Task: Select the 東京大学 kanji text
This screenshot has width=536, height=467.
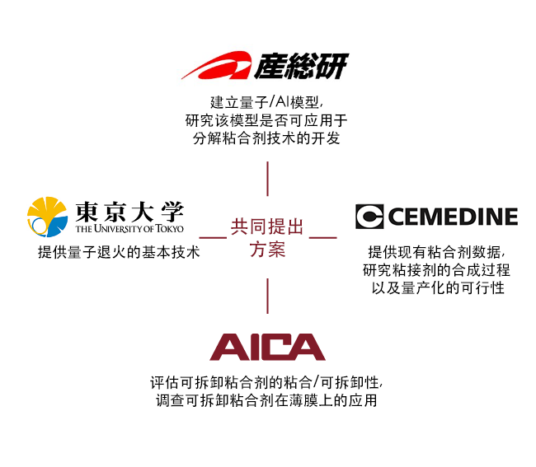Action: pos(129,211)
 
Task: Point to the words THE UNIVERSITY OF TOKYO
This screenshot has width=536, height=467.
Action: pos(129,228)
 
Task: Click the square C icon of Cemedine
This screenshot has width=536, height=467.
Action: pos(369,217)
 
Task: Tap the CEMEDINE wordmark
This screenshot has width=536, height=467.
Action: pos(452,217)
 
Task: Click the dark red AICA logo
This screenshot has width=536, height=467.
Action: pos(267,347)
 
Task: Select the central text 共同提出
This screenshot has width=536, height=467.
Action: pos(267,226)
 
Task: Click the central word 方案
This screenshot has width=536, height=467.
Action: pos(267,249)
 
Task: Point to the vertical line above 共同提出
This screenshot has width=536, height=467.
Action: pos(267,181)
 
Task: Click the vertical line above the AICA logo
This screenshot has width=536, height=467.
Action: pos(267,296)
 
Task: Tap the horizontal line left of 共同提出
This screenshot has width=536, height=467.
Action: pos(213,237)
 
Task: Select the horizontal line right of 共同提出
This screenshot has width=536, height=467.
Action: pos(322,237)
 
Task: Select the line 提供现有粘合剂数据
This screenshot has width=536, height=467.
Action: pos(436,252)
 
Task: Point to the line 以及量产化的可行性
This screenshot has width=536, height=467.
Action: pos(436,287)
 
